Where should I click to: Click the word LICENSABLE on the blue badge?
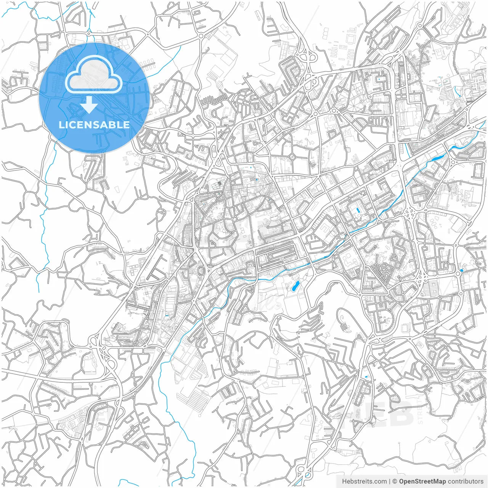click(94, 125)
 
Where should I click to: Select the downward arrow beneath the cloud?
click(89, 104)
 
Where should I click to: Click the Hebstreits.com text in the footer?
click(364, 482)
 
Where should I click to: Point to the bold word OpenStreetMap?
click(422, 482)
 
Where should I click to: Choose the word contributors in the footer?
click(466, 482)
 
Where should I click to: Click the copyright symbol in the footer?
click(395, 482)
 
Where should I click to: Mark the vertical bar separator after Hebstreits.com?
click(390, 482)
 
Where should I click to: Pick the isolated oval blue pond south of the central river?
click(295, 287)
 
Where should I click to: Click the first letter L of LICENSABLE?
click(61, 125)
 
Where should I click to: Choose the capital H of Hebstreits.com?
click(344, 482)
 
